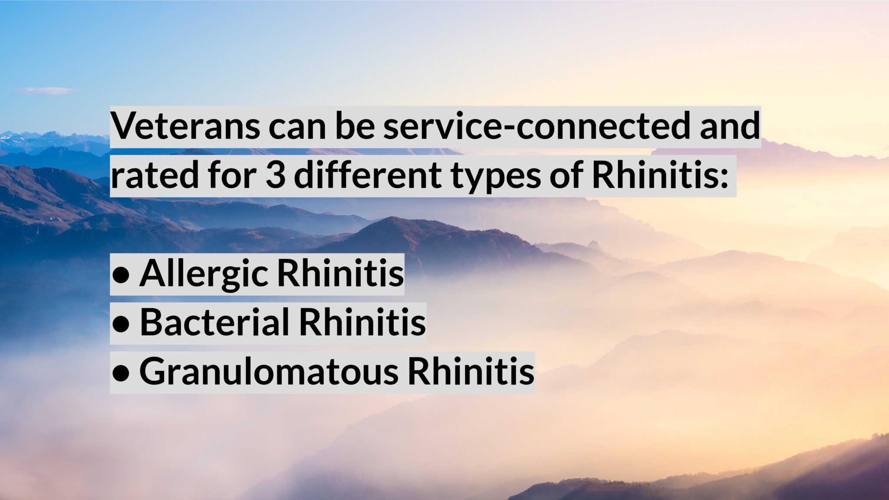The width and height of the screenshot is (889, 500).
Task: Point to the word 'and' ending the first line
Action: (730, 126)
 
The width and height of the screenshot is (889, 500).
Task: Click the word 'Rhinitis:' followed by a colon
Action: (660, 175)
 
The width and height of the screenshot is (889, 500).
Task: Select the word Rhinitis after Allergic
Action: (340, 273)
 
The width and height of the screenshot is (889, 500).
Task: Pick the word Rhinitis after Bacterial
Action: (362, 323)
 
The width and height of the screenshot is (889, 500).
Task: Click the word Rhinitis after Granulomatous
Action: (471, 372)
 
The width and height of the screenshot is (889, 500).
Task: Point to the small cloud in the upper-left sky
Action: (46, 91)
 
